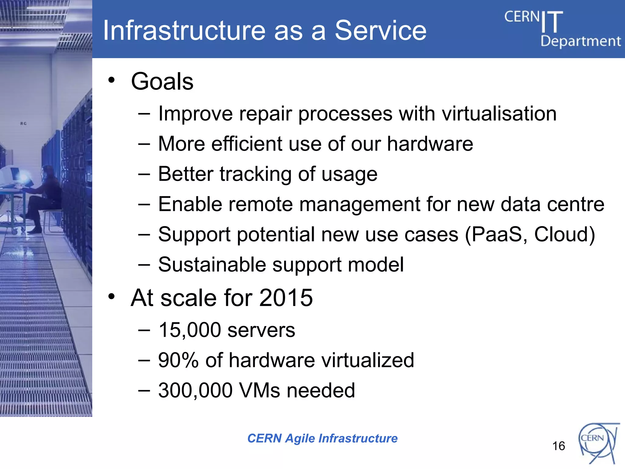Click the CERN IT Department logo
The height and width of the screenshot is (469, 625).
point(562,29)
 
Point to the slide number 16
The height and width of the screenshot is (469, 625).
point(558,446)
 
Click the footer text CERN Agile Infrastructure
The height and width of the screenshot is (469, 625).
point(322,438)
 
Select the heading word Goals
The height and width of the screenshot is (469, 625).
point(162,82)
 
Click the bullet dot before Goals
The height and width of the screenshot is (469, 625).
point(112,80)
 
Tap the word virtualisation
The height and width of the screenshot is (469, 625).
point(499,114)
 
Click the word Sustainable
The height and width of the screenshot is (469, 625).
point(212,264)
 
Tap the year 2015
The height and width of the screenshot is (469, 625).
point(286,298)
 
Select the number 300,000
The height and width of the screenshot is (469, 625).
point(195,390)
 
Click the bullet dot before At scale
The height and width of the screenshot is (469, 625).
point(112,296)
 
